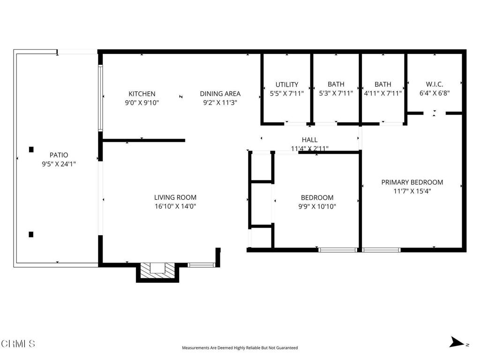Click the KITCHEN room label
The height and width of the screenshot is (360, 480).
point(142,94)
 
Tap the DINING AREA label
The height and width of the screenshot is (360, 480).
point(220,94)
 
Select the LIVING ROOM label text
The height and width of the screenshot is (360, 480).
point(175,197)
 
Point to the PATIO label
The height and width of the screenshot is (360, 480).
point(59,155)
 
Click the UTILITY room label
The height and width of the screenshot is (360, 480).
point(286,84)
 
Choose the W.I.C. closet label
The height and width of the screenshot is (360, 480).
point(435,84)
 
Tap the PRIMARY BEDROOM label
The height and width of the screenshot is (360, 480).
point(412,182)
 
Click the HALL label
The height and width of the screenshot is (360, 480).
point(309,140)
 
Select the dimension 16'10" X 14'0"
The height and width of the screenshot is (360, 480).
point(175,206)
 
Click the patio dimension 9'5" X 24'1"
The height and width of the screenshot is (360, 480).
point(59,164)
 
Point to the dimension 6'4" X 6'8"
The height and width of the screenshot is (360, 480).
point(435,93)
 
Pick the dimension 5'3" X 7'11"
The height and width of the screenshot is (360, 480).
point(336,93)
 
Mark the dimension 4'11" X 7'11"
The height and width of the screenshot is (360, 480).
point(382,93)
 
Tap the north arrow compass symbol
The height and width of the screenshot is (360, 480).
point(457,342)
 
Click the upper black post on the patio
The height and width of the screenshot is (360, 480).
point(31,150)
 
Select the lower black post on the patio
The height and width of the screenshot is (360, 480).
point(31,234)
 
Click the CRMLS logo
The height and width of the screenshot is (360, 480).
point(18,344)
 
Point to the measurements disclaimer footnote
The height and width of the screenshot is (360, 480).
point(240,348)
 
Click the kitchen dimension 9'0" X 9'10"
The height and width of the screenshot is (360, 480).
point(142,103)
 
